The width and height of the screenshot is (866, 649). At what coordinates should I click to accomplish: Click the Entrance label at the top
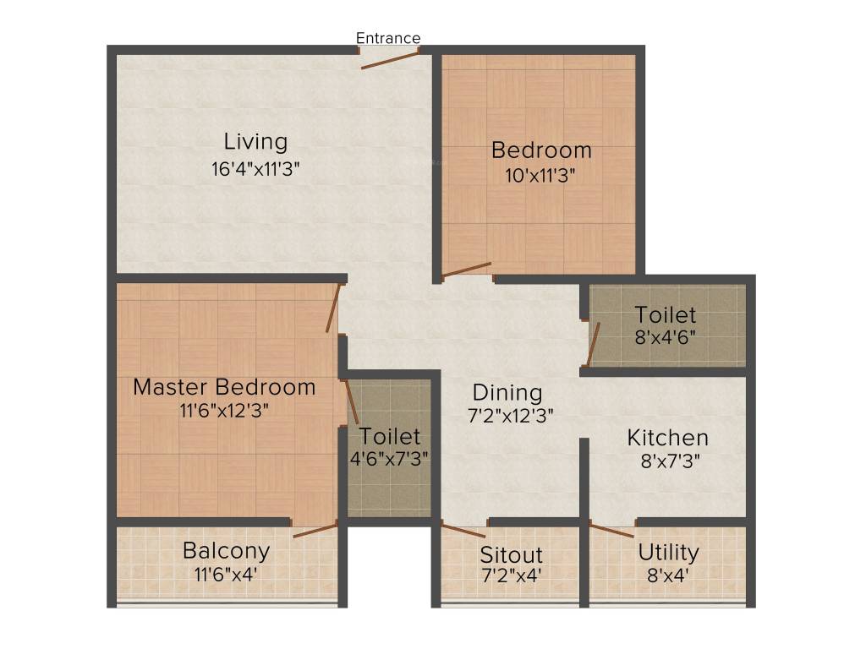point(388,38)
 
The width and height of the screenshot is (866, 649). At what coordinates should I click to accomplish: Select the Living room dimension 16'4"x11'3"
point(255,168)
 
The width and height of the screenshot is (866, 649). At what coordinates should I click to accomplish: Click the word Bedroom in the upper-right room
point(541,150)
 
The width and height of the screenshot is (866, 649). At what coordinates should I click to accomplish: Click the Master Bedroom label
point(224,387)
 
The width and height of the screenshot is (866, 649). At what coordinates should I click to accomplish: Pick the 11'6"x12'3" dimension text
point(224,412)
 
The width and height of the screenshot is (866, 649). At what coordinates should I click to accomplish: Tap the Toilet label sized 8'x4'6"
point(666,315)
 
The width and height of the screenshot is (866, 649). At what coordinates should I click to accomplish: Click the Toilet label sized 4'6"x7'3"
point(390,437)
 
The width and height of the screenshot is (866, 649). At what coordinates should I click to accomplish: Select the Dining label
point(507,393)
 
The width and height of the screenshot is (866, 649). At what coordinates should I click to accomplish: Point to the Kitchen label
point(667,438)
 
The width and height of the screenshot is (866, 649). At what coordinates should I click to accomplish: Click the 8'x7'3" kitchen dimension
point(667,461)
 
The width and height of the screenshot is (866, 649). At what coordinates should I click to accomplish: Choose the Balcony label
point(227,551)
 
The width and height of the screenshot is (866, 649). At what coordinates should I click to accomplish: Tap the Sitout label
point(511,555)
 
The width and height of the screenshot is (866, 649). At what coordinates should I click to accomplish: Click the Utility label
point(668,553)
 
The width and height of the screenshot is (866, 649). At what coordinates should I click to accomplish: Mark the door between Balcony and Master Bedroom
point(315,530)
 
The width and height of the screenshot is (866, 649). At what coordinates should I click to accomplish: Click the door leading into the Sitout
point(463,531)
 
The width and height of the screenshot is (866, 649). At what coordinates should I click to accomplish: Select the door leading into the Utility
point(611,531)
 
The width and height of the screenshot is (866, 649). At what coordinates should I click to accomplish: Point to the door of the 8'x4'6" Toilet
point(594,345)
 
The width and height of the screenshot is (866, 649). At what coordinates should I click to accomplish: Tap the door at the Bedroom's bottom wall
point(466,270)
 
